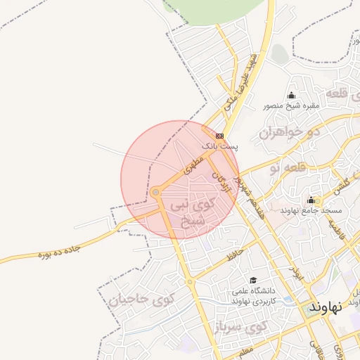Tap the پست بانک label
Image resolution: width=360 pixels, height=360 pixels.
pos(220,146)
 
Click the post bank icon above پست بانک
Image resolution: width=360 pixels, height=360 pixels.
pos(220,136)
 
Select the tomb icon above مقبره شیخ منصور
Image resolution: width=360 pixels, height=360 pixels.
pos(292,96)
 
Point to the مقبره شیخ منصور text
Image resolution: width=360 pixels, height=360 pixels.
pos(292,106)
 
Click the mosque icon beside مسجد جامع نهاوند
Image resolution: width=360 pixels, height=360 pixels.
pos(311,200)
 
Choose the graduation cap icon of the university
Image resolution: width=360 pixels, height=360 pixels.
pos(253,281)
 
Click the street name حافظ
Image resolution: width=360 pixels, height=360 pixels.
pos(236,255)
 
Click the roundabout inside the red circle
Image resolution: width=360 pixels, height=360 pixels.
pos(155,191)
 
